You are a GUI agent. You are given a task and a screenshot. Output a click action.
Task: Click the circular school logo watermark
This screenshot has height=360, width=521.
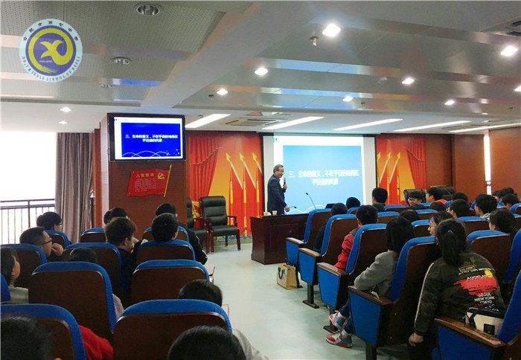pyautogui.click(x=51, y=50)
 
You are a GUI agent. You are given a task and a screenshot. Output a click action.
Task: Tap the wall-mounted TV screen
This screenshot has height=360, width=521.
pyautogui.click(x=147, y=138)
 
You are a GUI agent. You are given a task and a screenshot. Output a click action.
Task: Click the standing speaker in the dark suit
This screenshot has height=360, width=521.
pyautogui.click(x=277, y=190)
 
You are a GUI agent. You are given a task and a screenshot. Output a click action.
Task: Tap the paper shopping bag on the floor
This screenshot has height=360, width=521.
pyautogui.click(x=287, y=276)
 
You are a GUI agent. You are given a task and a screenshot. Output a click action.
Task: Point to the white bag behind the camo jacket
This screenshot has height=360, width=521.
pyautogui.click(x=484, y=320)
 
